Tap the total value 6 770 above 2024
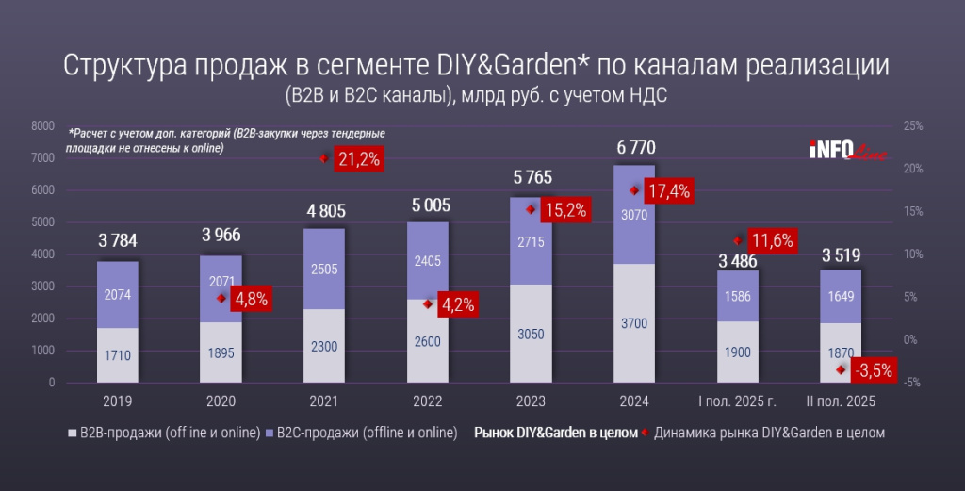click(x=633, y=147)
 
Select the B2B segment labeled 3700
click(x=633, y=324)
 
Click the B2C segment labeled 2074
click(x=117, y=295)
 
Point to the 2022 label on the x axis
click(x=427, y=401)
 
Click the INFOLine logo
click(x=845, y=150)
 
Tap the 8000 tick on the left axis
click(x=42, y=126)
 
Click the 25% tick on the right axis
click(x=912, y=126)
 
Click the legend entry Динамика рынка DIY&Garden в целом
click(x=768, y=434)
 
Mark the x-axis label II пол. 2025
click(x=842, y=401)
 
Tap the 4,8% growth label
click(x=249, y=299)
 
